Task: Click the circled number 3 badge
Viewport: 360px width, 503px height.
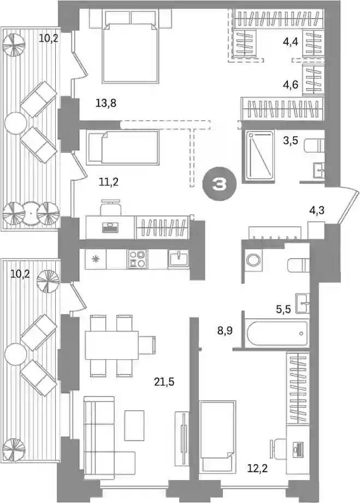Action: (220, 184)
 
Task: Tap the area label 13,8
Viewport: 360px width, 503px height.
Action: (106, 103)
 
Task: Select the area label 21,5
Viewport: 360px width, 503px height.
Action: (164, 382)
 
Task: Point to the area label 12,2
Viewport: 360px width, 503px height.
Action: (257, 469)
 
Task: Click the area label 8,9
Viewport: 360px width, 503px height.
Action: (225, 330)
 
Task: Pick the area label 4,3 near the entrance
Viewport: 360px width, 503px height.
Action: (317, 210)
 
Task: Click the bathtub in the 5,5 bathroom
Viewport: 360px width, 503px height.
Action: (276, 334)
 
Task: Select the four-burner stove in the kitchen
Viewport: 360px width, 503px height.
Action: (138, 259)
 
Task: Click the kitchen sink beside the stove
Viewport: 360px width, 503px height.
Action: (178, 259)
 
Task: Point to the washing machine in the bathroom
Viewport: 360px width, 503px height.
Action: (253, 260)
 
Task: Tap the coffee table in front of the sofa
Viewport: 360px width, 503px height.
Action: (134, 425)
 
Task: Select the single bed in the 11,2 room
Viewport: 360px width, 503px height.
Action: (123, 148)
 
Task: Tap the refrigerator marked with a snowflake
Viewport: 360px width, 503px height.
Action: (95, 259)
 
